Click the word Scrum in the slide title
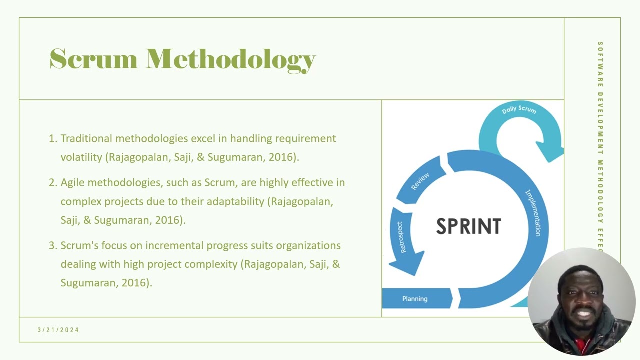(x=93, y=59)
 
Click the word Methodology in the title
(x=230, y=60)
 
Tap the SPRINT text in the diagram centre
(x=468, y=226)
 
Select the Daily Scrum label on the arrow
(x=519, y=109)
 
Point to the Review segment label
(x=420, y=182)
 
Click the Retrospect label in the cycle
(x=401, y=237)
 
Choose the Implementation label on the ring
(x=533, y=213)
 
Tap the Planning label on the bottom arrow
(x=415, y=299)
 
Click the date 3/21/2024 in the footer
(x=58, y=330)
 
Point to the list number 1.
(x=52, y=138)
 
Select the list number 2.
(x=52, y=182)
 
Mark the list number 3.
(x=52, y=245)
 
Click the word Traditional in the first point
(x=86, y=138)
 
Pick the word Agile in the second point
(x=73, y=182)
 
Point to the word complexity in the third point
(x=211, y=264)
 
